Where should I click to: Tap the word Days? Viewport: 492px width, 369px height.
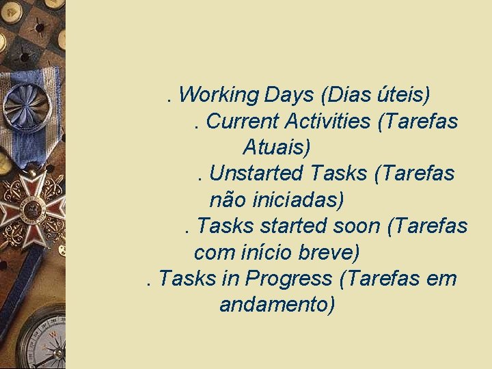[290, 94]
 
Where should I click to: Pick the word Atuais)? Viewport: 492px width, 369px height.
[277, 147]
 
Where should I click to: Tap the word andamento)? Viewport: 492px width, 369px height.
[277, 305]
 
